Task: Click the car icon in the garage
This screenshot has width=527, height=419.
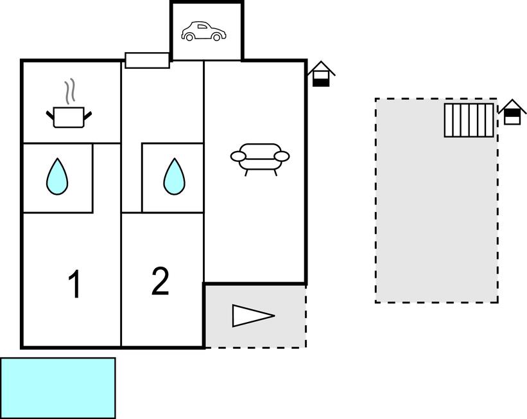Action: click(203, 31)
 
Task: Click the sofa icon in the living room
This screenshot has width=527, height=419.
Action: click(260, 157)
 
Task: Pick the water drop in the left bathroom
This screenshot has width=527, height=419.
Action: click(57, 177)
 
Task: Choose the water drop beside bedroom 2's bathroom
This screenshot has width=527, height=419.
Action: click(173, 177)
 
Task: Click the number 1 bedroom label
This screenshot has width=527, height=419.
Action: click(75, 285)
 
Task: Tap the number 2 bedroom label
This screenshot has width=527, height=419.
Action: click(160, 281)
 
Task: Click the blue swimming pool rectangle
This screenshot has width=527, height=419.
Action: click(58, 388)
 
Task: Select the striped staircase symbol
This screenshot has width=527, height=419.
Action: click(469, 120)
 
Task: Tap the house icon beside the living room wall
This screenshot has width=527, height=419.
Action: click(321, 74)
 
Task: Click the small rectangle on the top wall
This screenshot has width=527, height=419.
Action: click(147, 60)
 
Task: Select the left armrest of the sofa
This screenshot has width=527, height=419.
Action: click(238, 156)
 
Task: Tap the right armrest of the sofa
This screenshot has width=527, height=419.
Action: click(282, 156)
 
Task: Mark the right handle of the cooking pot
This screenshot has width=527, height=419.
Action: click(88, 115)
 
